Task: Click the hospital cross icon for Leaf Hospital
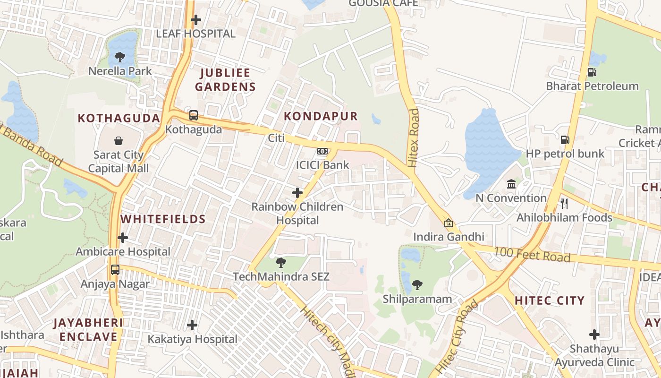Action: [196, 20]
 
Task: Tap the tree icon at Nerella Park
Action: [120, 57]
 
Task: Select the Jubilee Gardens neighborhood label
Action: [225, 80]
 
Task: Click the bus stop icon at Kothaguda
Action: [194, 115]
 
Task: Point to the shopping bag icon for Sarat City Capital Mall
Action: [119, 141]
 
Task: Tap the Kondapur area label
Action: [321, 116]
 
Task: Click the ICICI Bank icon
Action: [322, 151]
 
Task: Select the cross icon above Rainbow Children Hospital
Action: [297, 192]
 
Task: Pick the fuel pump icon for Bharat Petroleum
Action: [592, 72]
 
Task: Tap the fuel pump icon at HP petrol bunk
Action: [565, 139]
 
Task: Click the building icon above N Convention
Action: [511, 184]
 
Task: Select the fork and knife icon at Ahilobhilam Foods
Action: [564, 204]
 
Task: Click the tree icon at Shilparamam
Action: [417, 284]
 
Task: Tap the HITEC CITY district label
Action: [550, 301]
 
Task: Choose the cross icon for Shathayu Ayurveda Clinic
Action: [594, 335]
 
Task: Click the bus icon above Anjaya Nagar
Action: [115, 270]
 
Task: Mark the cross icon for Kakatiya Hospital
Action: [192, 325]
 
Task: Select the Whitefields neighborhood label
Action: [163, 219]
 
